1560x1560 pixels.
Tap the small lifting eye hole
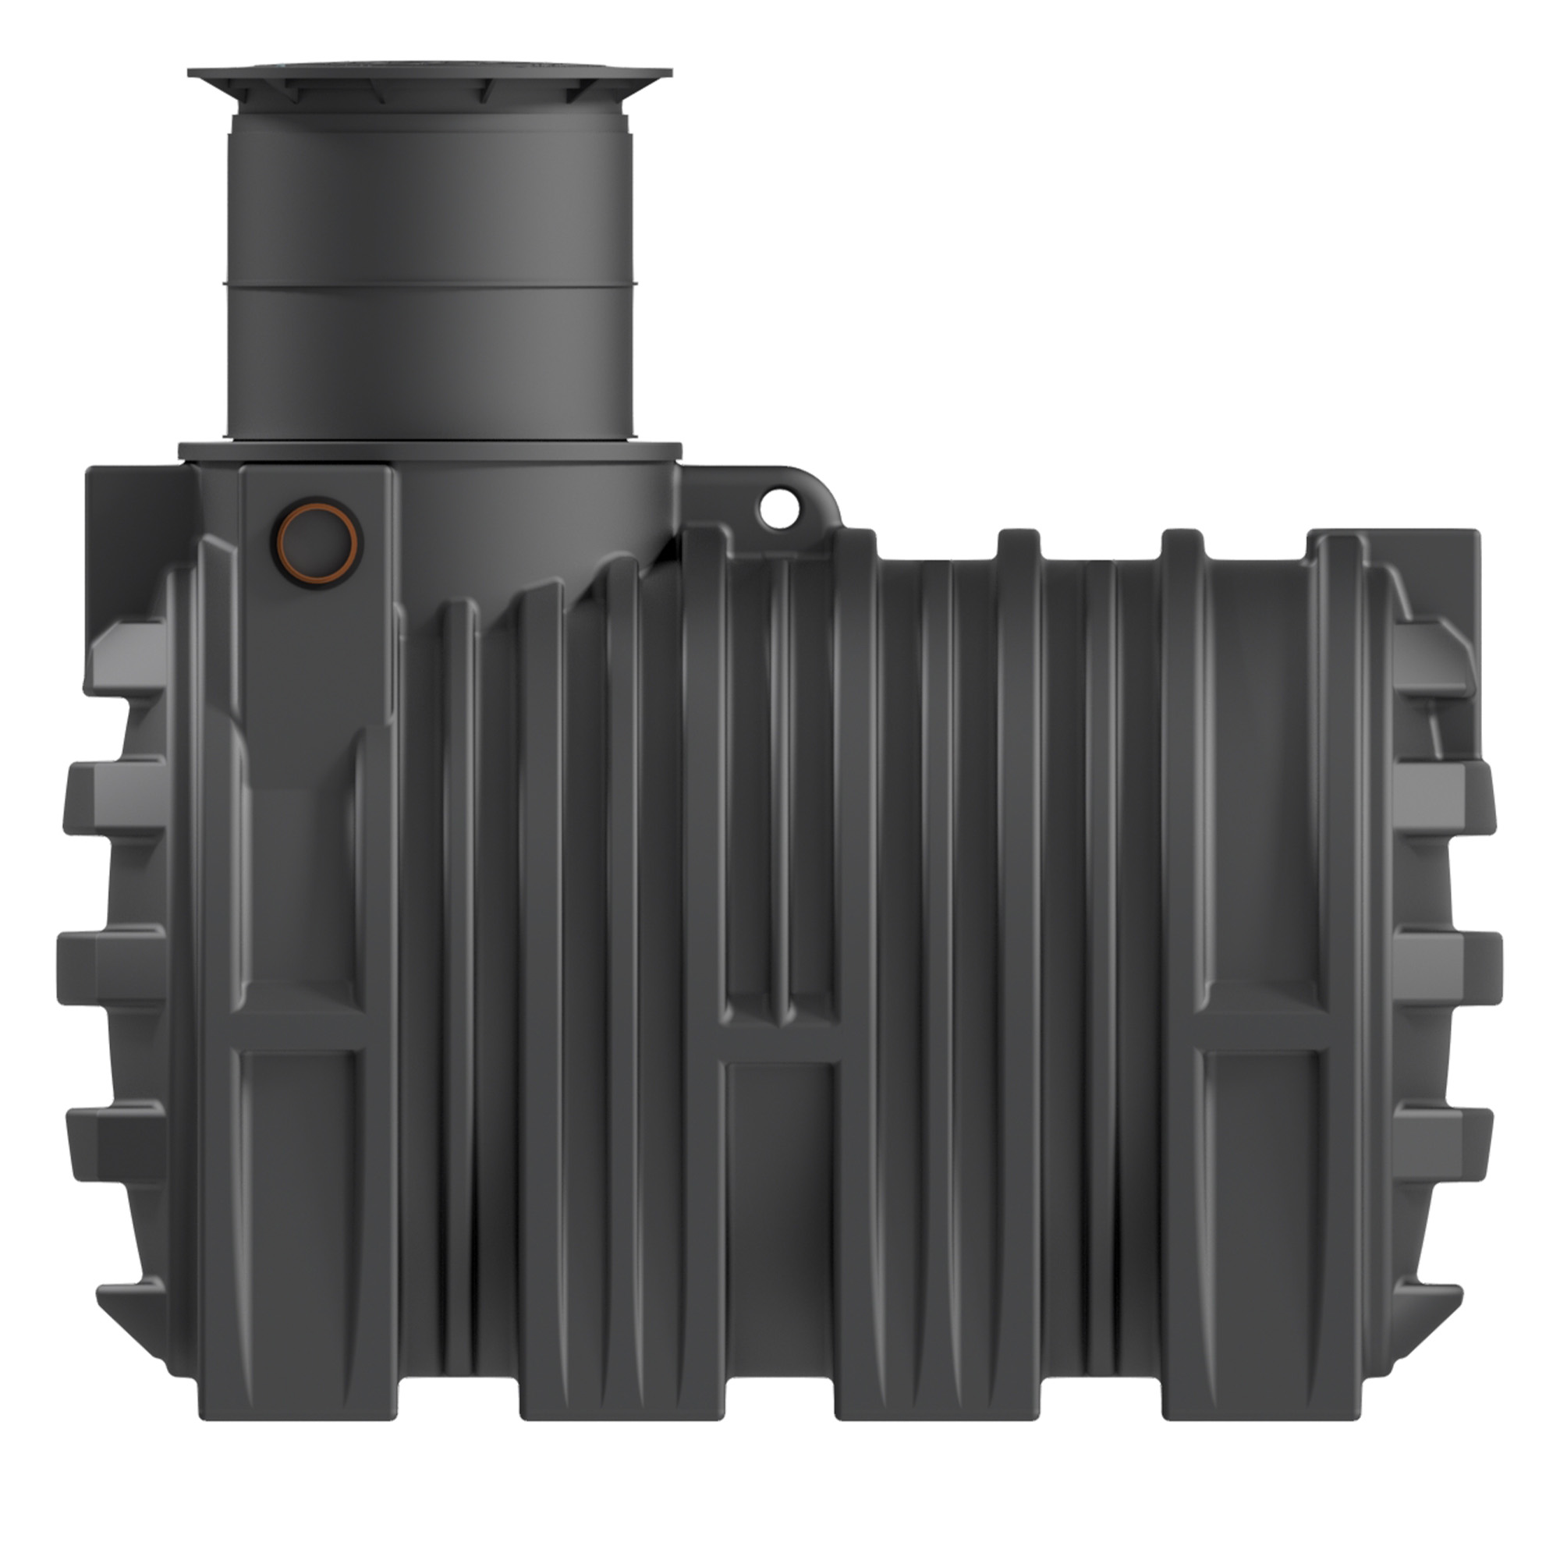pyautogui.click(x=779, y=508)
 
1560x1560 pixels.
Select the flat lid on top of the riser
pyautogui.click(x=430, y=74)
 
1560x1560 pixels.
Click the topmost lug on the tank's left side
pyautogui.click(x=125, y=658)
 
